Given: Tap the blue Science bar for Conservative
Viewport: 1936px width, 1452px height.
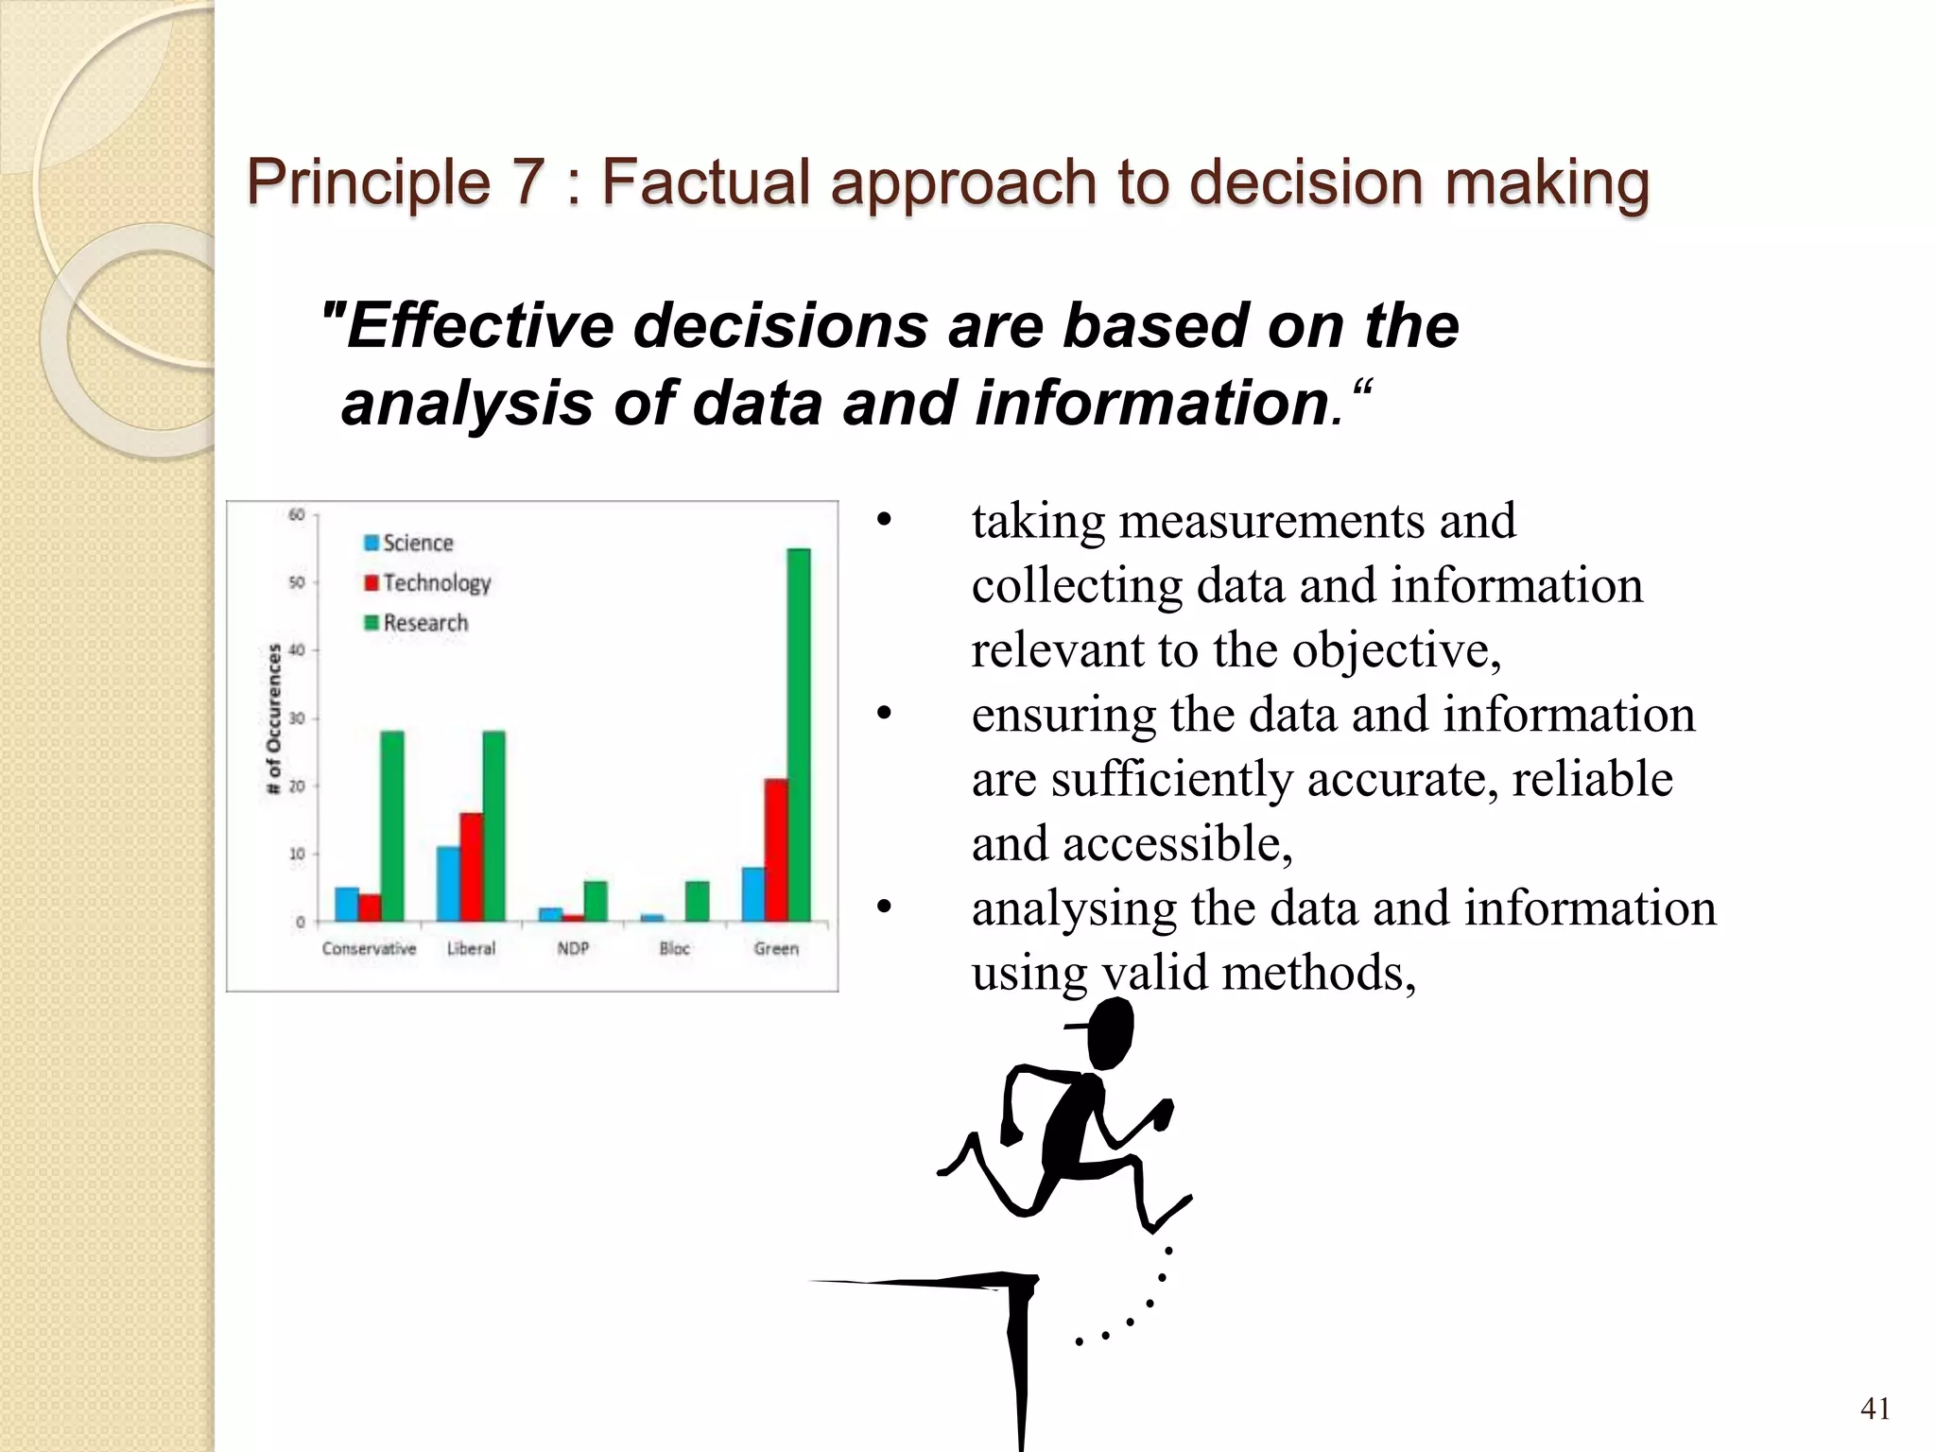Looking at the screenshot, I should point(347,904).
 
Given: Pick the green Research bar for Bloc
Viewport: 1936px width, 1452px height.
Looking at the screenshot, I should point(697,901).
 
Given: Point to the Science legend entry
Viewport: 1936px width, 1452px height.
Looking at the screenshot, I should point(408,543).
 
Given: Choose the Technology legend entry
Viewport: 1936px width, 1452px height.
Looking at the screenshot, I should point(427,582).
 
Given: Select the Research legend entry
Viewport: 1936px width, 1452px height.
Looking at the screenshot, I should point(416,623).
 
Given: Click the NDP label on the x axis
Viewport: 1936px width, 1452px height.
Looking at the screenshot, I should point(573,948).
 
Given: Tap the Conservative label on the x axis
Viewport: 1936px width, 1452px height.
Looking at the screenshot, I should point(369,948).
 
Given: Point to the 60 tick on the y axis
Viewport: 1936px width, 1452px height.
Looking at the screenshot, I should point(297,515).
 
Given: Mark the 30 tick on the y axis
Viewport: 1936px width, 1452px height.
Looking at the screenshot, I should point(297,718).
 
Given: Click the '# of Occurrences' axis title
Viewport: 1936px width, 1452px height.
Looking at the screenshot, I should point(274,718).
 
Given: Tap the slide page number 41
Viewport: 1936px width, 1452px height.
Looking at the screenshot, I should point(1875,1409).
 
